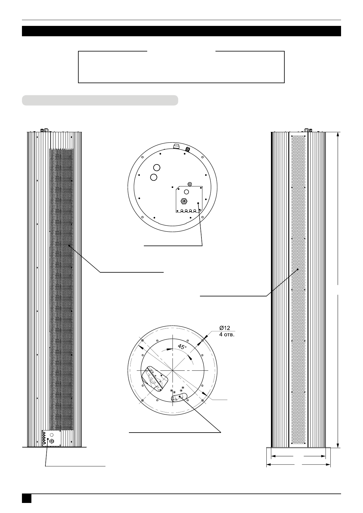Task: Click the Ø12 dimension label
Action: (225, 328)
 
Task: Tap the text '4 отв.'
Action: (227, 334)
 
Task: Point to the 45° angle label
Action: (182, 347)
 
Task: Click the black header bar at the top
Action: (182, 31)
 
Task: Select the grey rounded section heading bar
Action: (100, 100)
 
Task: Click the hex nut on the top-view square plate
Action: (183, 201)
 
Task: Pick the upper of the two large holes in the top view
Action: (157, 168)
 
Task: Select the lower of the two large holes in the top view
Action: (154, 177)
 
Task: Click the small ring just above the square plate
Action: (190, 184)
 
